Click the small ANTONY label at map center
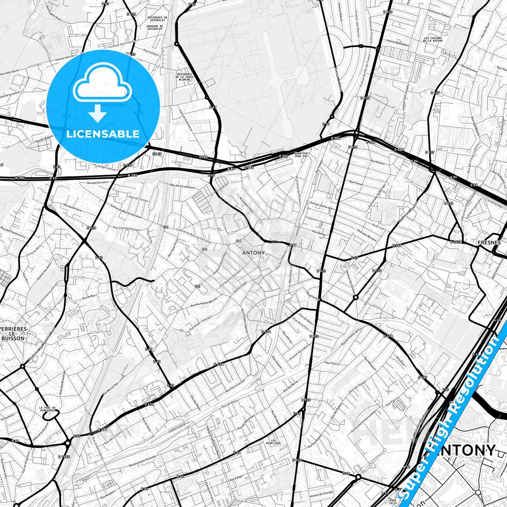tap(253, 253)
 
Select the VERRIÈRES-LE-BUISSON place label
tap(13, 334)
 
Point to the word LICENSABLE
tap(103, 134)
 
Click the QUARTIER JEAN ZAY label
tap(301, 155)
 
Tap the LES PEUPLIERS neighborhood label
tap(273, 442)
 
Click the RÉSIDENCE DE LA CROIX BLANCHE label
tap(185, 77)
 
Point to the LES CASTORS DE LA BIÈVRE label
tap(433, 39)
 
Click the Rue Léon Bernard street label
tap(367, 235)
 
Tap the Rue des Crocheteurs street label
tap(182, 187)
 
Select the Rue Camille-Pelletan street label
tap(126, 228)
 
